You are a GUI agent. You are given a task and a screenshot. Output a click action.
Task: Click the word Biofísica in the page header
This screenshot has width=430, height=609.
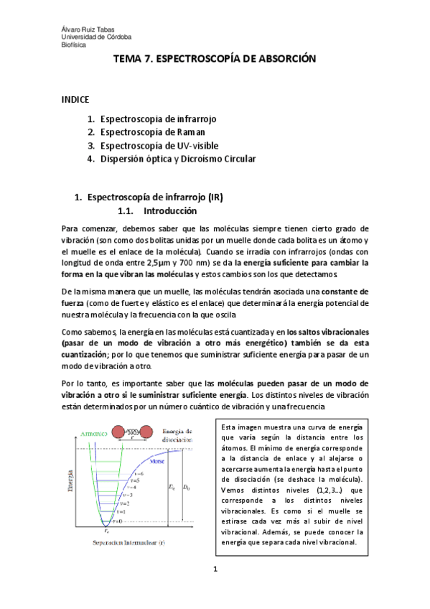(73, 43)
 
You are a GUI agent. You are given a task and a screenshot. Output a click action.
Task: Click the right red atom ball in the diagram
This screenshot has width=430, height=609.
(146, 431)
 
